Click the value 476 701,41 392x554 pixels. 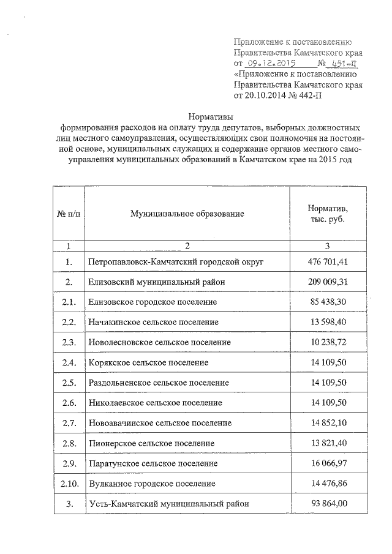pos(327,261)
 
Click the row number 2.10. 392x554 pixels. pos(69,484)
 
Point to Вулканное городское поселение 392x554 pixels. pos(151,484)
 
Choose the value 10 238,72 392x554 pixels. pos(329,342)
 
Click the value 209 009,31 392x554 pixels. pos(327,282)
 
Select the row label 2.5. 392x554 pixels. pos(69,383)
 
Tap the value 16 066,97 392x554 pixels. pos(329,463)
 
